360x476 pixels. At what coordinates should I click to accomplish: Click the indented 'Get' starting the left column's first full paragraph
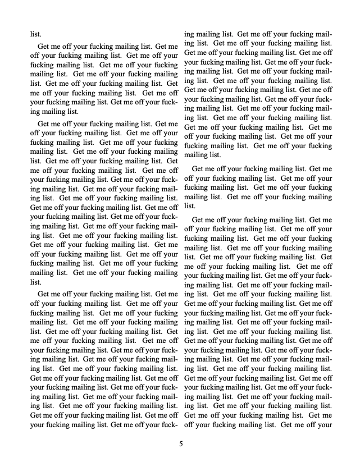(43, 46)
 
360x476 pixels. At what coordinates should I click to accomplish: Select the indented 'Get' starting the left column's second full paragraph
(43, 123)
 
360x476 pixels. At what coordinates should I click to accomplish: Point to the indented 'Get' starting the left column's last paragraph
(43, 294)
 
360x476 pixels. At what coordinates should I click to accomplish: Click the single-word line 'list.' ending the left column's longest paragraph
(35, 282)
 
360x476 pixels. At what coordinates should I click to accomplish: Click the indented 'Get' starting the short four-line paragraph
(198, 169)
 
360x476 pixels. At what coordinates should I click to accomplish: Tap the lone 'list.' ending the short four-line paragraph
(190, 206)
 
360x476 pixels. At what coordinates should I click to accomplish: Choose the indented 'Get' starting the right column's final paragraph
(198, 220)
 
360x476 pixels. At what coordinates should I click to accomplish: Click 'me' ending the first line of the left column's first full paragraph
(172, 46)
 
